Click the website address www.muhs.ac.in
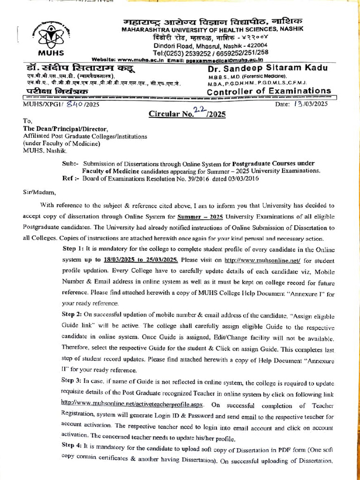(x=140, y=60)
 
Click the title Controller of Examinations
(x=269, y=90)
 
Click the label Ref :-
(x=71, y=178)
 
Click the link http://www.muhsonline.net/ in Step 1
(x=262, y=260)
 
